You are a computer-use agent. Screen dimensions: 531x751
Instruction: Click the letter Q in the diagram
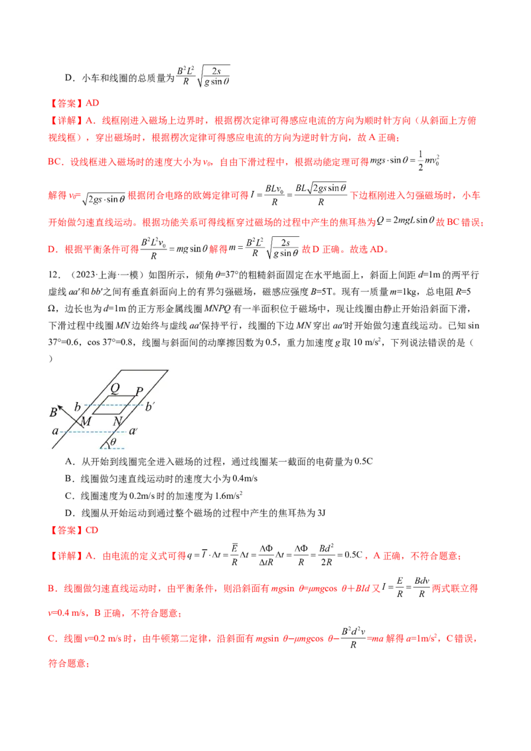click(x=115, y=388)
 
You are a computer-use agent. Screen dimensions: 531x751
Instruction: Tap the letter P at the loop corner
click(x=138, y=391)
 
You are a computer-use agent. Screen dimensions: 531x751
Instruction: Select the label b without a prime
click(x=78, y=406)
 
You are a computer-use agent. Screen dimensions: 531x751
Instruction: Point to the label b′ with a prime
click(x=150, y=406)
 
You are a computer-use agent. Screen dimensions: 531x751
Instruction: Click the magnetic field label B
click(x=52, y=413)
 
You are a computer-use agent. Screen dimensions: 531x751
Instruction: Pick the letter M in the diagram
click(x=86, y=422)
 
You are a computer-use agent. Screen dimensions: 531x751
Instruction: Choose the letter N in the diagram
click(x=117, y=422)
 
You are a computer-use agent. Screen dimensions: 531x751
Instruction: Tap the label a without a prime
click(x=55, y=431)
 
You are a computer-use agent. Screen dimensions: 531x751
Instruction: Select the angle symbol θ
click(x=114, y=442)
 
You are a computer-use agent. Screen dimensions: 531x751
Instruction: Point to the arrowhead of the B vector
click(x=59, y=404)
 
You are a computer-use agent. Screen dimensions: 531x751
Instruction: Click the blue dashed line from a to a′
click(x=93, y=431)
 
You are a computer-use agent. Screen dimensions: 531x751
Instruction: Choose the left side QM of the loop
click(x=100, y=406)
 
